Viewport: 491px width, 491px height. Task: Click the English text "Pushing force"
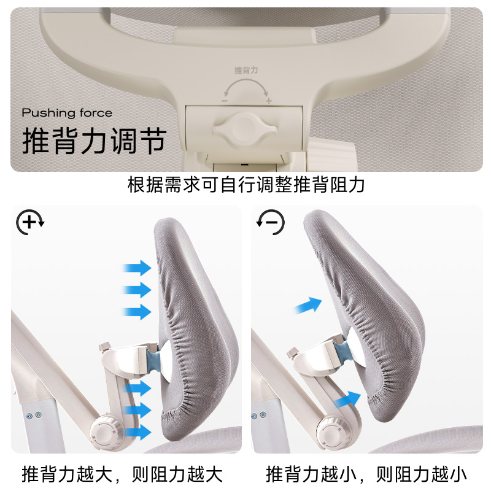(67, 113)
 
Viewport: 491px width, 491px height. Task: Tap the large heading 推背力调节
(94, 141)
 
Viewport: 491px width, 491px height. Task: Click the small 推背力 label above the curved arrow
(246, 70)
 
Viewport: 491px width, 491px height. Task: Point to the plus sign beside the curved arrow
(269, 101)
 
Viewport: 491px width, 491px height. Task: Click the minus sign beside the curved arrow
(225, 101)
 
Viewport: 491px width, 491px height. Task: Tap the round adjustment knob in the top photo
(244, 129)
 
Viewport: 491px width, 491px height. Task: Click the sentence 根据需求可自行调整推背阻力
(246, 185)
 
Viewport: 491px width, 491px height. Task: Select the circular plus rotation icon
(30, 222)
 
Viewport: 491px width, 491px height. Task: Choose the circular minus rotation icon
(271, 222)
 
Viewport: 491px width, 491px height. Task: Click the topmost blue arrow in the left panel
(137, 268)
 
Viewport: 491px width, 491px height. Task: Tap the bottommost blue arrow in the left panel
(137, 432)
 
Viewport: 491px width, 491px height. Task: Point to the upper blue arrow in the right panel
(308, 305)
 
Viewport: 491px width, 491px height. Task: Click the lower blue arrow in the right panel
(347, 400)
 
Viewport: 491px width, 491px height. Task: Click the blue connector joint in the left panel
(153, 360)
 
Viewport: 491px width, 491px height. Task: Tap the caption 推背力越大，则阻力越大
(122, 474)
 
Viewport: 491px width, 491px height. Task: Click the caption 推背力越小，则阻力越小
(366, 474)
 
